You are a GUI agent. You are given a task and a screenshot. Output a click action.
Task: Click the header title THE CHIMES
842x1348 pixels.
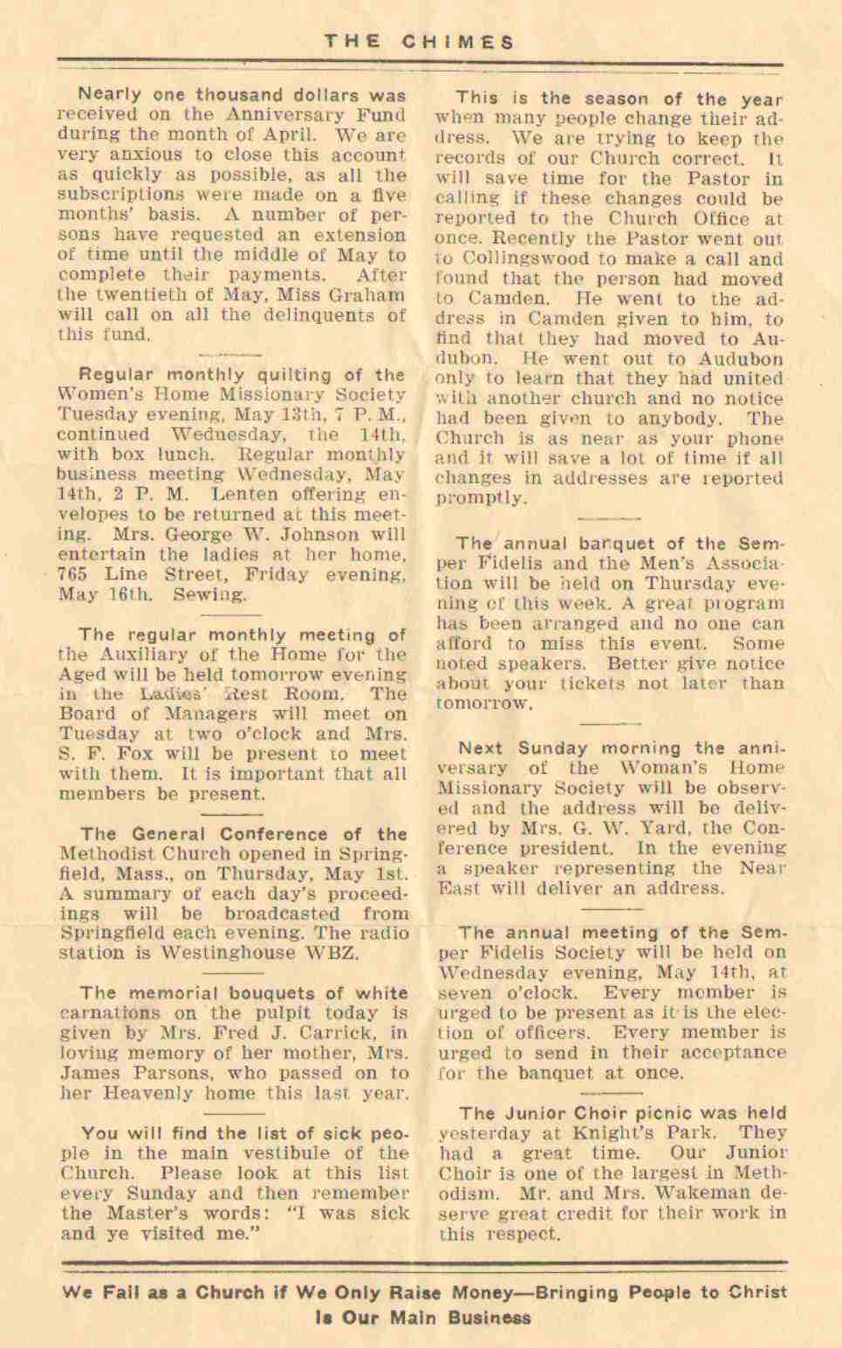click(x=420, y=42)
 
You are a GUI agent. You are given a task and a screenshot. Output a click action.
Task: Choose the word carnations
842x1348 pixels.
click(x=110, y=1014)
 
